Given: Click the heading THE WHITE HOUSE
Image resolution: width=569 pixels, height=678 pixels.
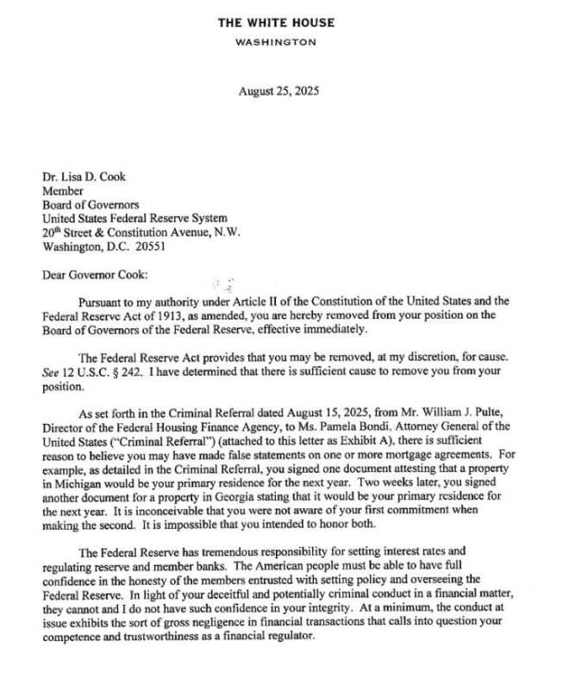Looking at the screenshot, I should point(276,22).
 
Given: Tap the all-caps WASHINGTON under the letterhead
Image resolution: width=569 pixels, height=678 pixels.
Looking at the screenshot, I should point(276,41).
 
